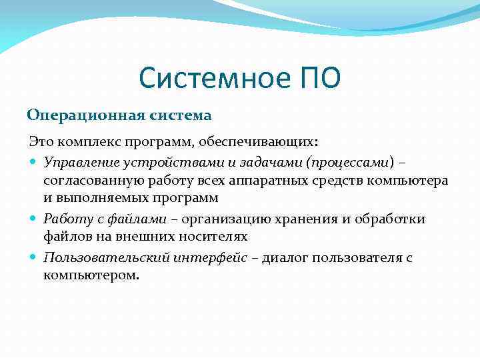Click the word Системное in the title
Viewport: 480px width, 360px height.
point(209,79)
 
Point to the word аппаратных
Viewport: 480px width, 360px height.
point(267,181)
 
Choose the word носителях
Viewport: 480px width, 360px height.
point(213,237)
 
